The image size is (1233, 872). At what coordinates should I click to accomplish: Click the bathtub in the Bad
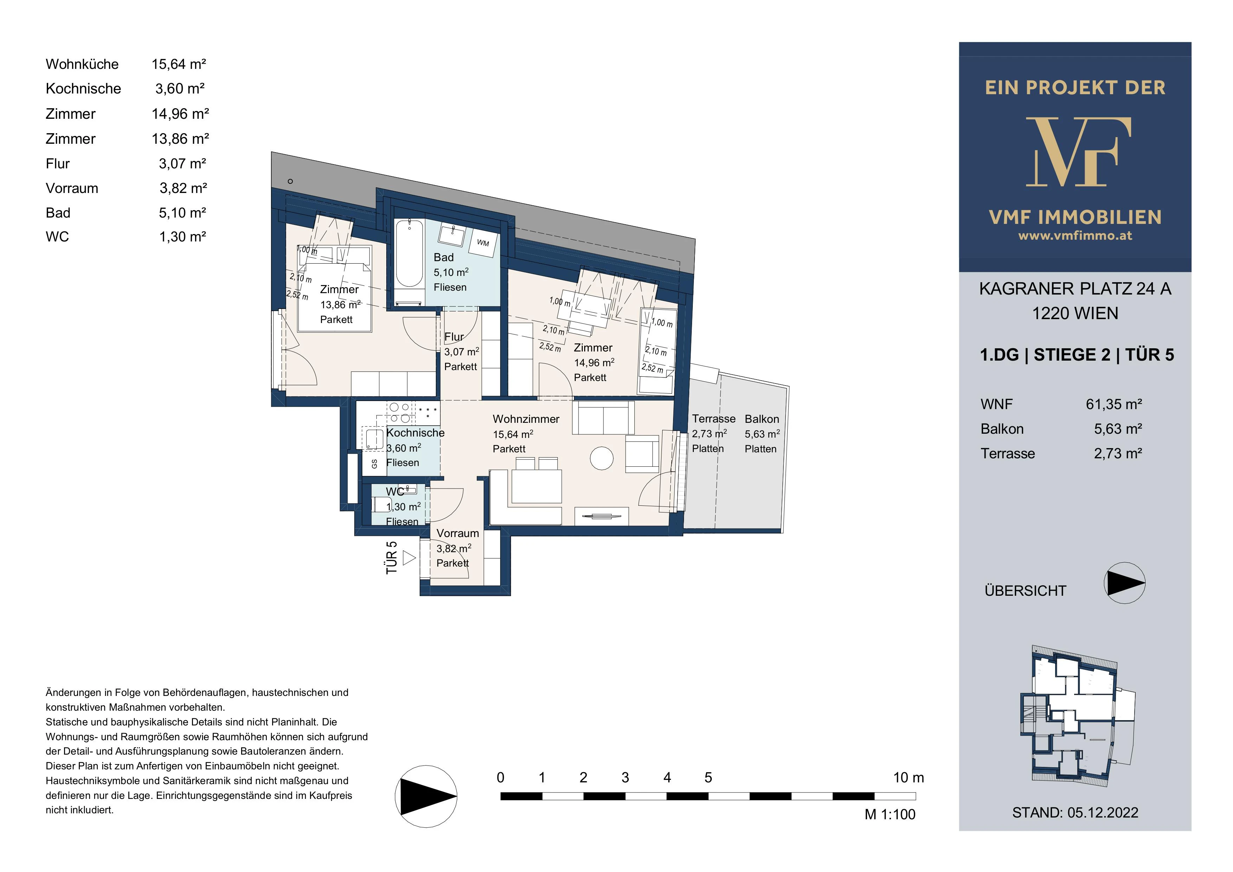point(409,256)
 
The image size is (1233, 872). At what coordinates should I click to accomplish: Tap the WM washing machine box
point(483,243)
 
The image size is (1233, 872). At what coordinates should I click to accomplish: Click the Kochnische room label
point(415,433)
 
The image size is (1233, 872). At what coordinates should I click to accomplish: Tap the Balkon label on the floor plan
point(762,419)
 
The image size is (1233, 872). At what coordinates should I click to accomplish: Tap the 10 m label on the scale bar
point(909,777)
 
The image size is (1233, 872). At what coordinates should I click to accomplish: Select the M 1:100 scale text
point(890,815)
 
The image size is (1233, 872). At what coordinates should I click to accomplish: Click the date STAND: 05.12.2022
point(1075,813)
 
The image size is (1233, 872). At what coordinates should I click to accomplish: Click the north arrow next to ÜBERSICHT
point(1124,583)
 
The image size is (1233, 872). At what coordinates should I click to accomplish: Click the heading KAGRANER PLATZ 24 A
point(1075,289)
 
